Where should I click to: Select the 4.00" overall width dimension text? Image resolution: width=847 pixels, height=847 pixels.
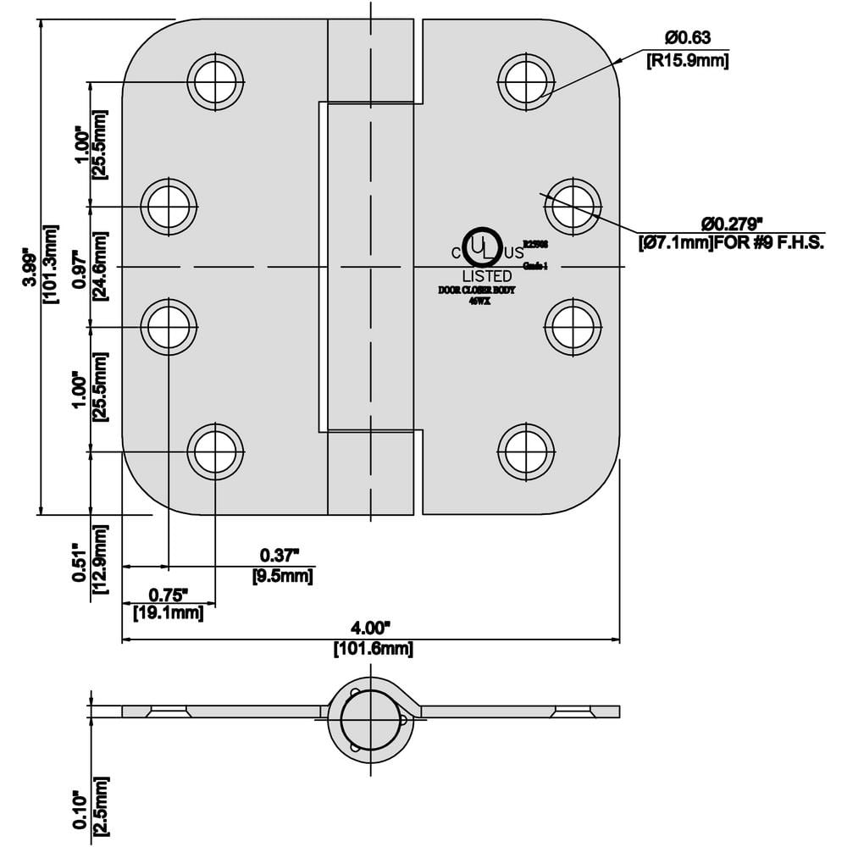(x=371, y=628)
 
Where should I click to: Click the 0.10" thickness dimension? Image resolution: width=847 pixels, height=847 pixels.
(x=79, y=811)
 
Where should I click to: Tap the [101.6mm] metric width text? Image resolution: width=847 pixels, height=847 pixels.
(x=371, y=650)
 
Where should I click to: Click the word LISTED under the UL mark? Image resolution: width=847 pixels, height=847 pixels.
(x=487, y=276)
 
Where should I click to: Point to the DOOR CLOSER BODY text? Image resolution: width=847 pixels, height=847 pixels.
(x=476, y=291)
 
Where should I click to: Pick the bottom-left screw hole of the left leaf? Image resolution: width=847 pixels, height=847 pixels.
(x=215, y=451)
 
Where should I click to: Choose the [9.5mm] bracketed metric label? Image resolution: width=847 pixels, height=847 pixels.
(x=283, y=576)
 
